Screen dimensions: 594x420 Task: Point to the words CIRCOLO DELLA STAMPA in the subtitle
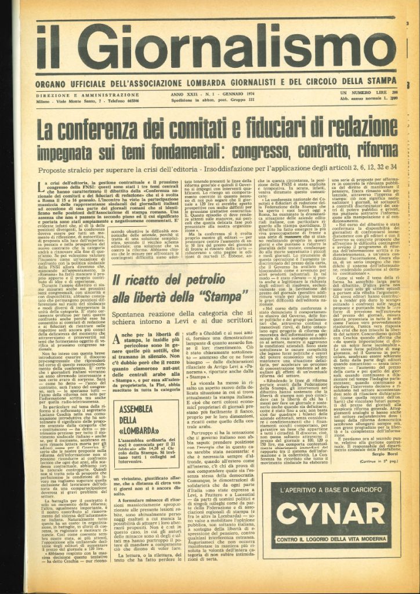click(343, 80)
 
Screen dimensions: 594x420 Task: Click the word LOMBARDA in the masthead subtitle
click(198, 80)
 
